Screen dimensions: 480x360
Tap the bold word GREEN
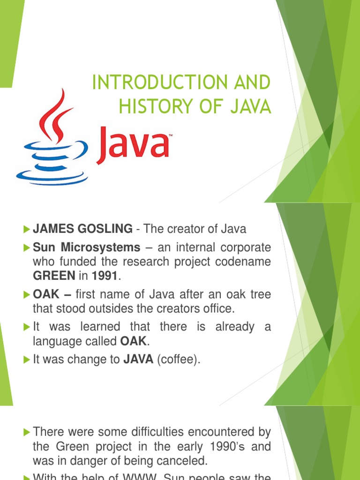coord(54,276)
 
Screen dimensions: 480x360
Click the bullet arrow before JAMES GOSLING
coord(26,229)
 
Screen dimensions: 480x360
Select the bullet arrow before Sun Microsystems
coord(26,247)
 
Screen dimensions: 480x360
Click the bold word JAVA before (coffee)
coord(139,360)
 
